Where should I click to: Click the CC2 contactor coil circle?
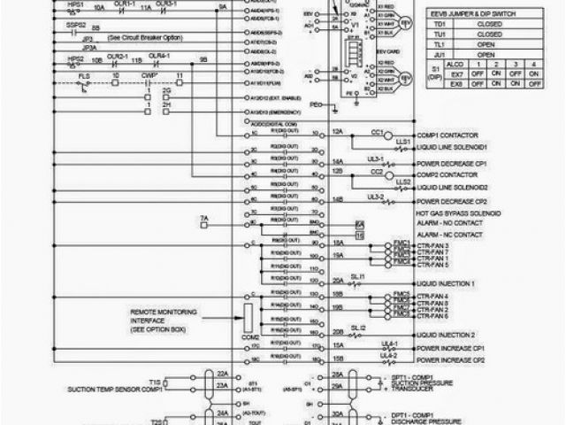tap(376, 171)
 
